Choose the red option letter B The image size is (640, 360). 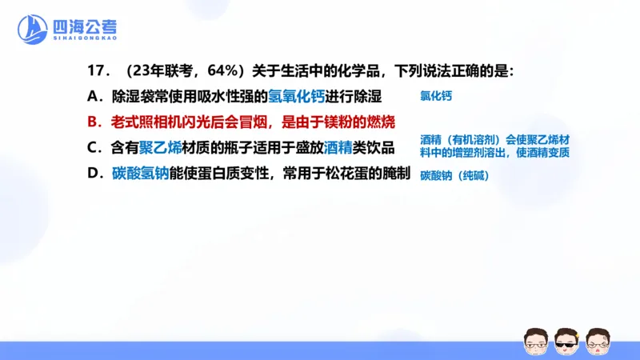point(94,122)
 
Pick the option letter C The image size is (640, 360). point(94,148)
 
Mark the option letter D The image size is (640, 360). point(94,174)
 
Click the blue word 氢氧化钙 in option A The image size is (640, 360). point(298,98)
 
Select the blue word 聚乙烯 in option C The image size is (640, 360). point(159,148)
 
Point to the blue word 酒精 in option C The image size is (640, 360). point(338,148)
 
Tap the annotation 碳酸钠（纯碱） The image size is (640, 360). point(454,175)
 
